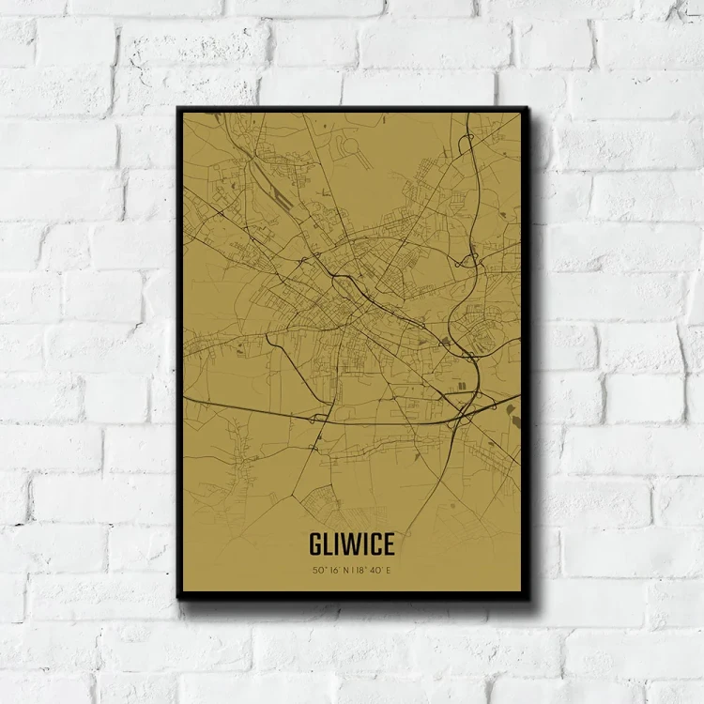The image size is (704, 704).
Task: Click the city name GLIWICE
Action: [x=351, y=544]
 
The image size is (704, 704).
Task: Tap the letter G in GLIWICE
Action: [x=315, y=544]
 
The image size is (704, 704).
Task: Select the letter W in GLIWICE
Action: [x=351, y=544]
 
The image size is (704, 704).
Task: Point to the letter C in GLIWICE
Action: [x=374, y=544]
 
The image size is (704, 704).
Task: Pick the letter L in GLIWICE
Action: [x=329, y=544]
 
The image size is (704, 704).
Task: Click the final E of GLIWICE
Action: [x=388, y=544]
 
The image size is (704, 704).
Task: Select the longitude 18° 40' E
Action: [x=375, y=570]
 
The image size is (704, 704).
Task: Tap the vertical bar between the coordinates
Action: [x=352, y=570]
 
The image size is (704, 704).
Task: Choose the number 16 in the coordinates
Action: [x=333, y=570]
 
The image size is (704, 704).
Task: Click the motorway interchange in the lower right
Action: [x=463, y=413]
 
